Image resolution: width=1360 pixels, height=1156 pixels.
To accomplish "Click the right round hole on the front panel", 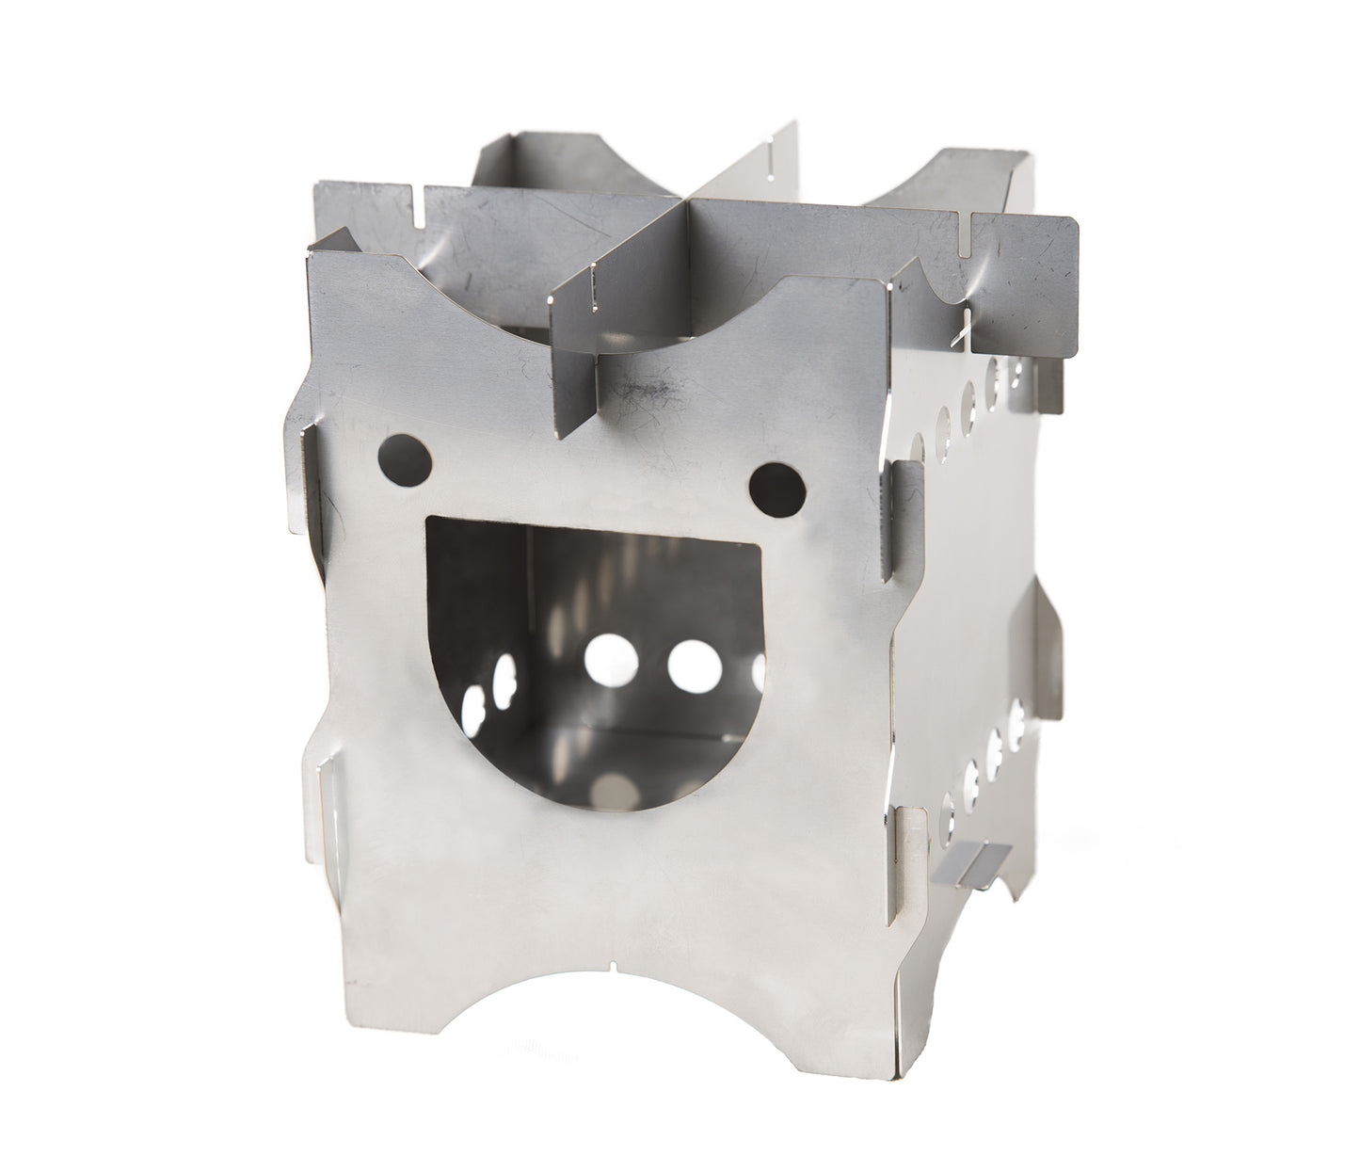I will [778, 483].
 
